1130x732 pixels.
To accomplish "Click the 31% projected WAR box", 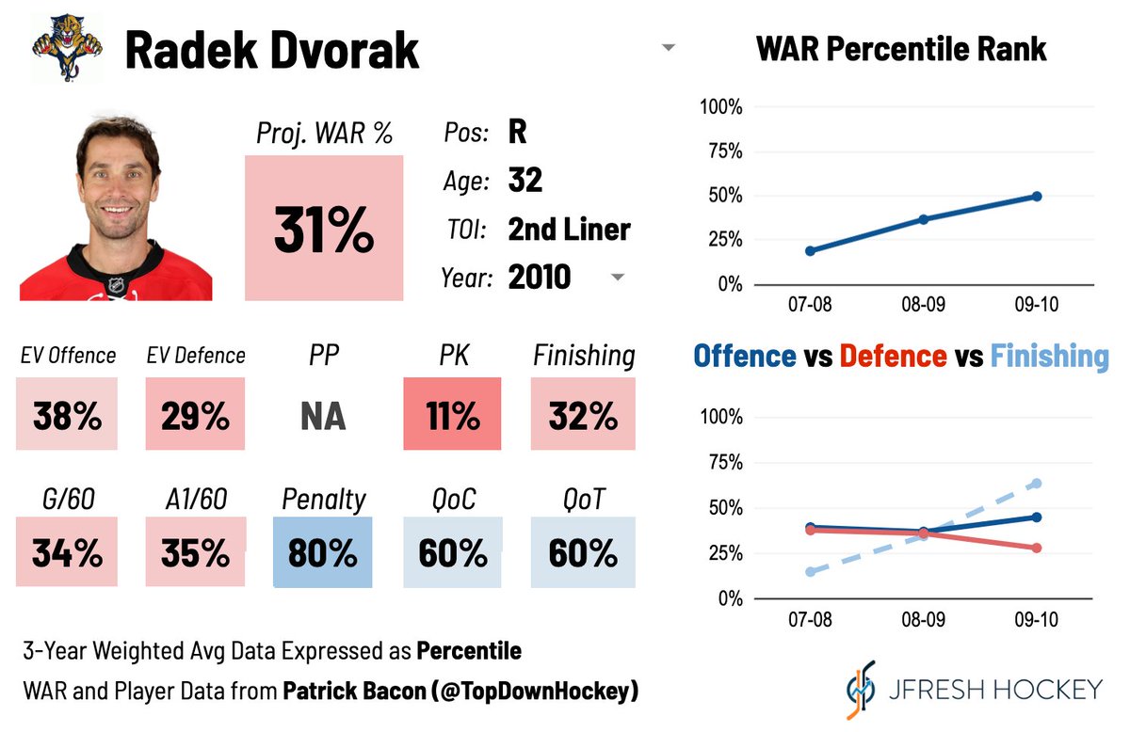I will [324, 229].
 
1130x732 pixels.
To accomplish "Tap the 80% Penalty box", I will [323, 553].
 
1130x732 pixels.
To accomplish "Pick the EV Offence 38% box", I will [67, 414].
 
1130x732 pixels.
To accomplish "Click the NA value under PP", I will [323, 415].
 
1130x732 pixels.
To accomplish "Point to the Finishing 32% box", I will [583, 414].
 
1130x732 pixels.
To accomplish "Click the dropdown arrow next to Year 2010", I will [618, 278].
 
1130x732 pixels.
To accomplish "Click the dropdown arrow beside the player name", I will [669, 48].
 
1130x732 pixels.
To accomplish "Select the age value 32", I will [525, 180].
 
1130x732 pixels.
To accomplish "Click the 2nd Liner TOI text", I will [569, 229].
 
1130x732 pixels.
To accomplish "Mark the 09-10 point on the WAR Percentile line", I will [1037, 196].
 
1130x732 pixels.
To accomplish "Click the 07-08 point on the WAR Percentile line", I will [811, 250].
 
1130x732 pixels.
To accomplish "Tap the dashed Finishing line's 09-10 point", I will [1037, 484].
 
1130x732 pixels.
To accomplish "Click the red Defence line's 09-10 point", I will [1037, 548].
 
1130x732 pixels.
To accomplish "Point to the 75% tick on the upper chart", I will [721, 151].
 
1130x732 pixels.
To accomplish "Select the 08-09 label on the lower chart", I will [923, 621].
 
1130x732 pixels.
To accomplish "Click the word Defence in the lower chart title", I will [892, 356].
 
